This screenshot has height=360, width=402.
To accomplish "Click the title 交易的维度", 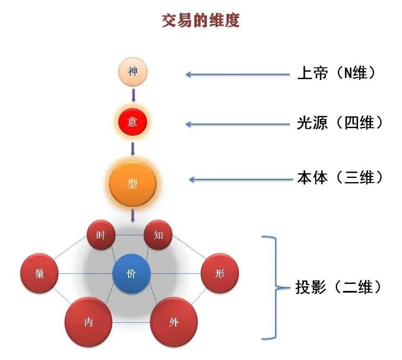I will coord(201,21).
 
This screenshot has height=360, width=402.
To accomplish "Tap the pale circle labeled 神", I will coord(133,72).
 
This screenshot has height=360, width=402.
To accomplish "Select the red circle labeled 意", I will coord(132,122).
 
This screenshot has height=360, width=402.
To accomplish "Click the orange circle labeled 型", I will coord(133,183).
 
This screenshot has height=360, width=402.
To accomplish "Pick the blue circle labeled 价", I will coord(131,274).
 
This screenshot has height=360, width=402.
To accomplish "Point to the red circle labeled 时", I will coord(101,235).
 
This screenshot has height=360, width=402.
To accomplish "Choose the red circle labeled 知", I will coord(158,235).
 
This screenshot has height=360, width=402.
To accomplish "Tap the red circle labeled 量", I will coord(39,274).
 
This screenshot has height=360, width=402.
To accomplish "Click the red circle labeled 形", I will coord(219,274).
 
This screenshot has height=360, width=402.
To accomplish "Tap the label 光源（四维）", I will coord(340,123).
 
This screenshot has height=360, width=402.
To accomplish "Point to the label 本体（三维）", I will coord(340,178).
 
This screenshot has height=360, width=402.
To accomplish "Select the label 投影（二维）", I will coord(339,288).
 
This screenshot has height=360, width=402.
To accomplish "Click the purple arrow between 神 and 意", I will coord(133,95).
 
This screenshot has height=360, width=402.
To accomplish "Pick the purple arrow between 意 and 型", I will coord(133,149).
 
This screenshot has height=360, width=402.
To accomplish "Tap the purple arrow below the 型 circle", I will coord(133,215).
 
